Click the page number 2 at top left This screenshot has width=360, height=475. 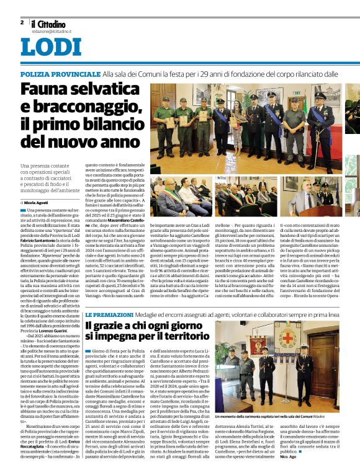pyautogui.click(x=22, y=22)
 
